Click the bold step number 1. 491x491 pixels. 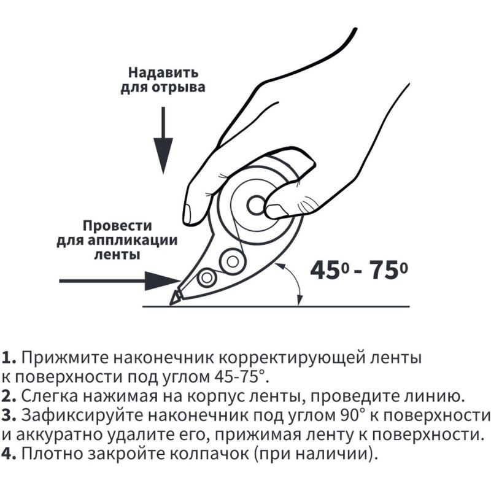[7, 357]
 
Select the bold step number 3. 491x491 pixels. [8, 416]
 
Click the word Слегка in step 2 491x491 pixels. [46, 396]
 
